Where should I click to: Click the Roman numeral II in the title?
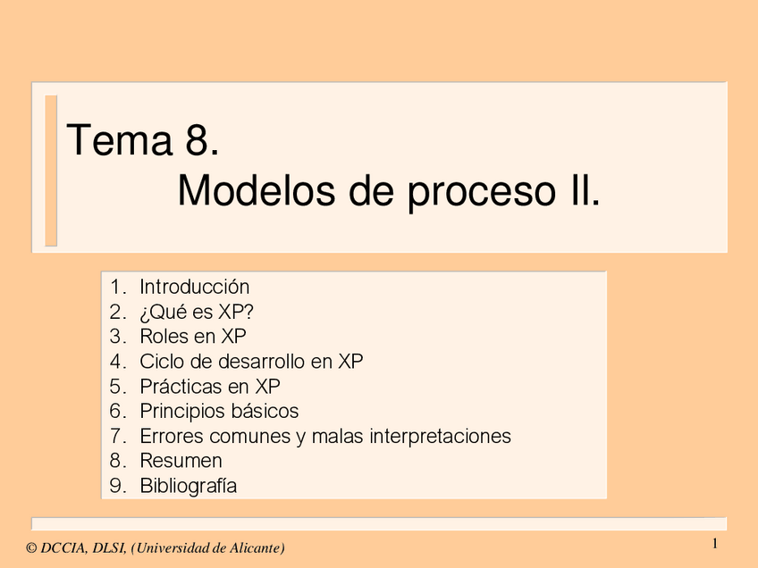[x=581, y=191]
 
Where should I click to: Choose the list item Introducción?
[x=194, y=287]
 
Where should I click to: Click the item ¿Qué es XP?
[x=189, y=312]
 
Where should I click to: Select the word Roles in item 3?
[x=164, y=337]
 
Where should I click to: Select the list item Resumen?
[x=181, y=461]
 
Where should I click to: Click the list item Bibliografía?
[x=188, y=487]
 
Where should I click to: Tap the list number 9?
[x=115, y=486]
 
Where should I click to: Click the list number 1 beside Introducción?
[x=115, y=287]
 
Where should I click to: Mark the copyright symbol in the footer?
[x=31, y=547]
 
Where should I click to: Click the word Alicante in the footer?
[x=256, y=547]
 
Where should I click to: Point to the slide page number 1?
[x=715, y=544]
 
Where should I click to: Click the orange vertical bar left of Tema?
[x=51, y=171]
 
